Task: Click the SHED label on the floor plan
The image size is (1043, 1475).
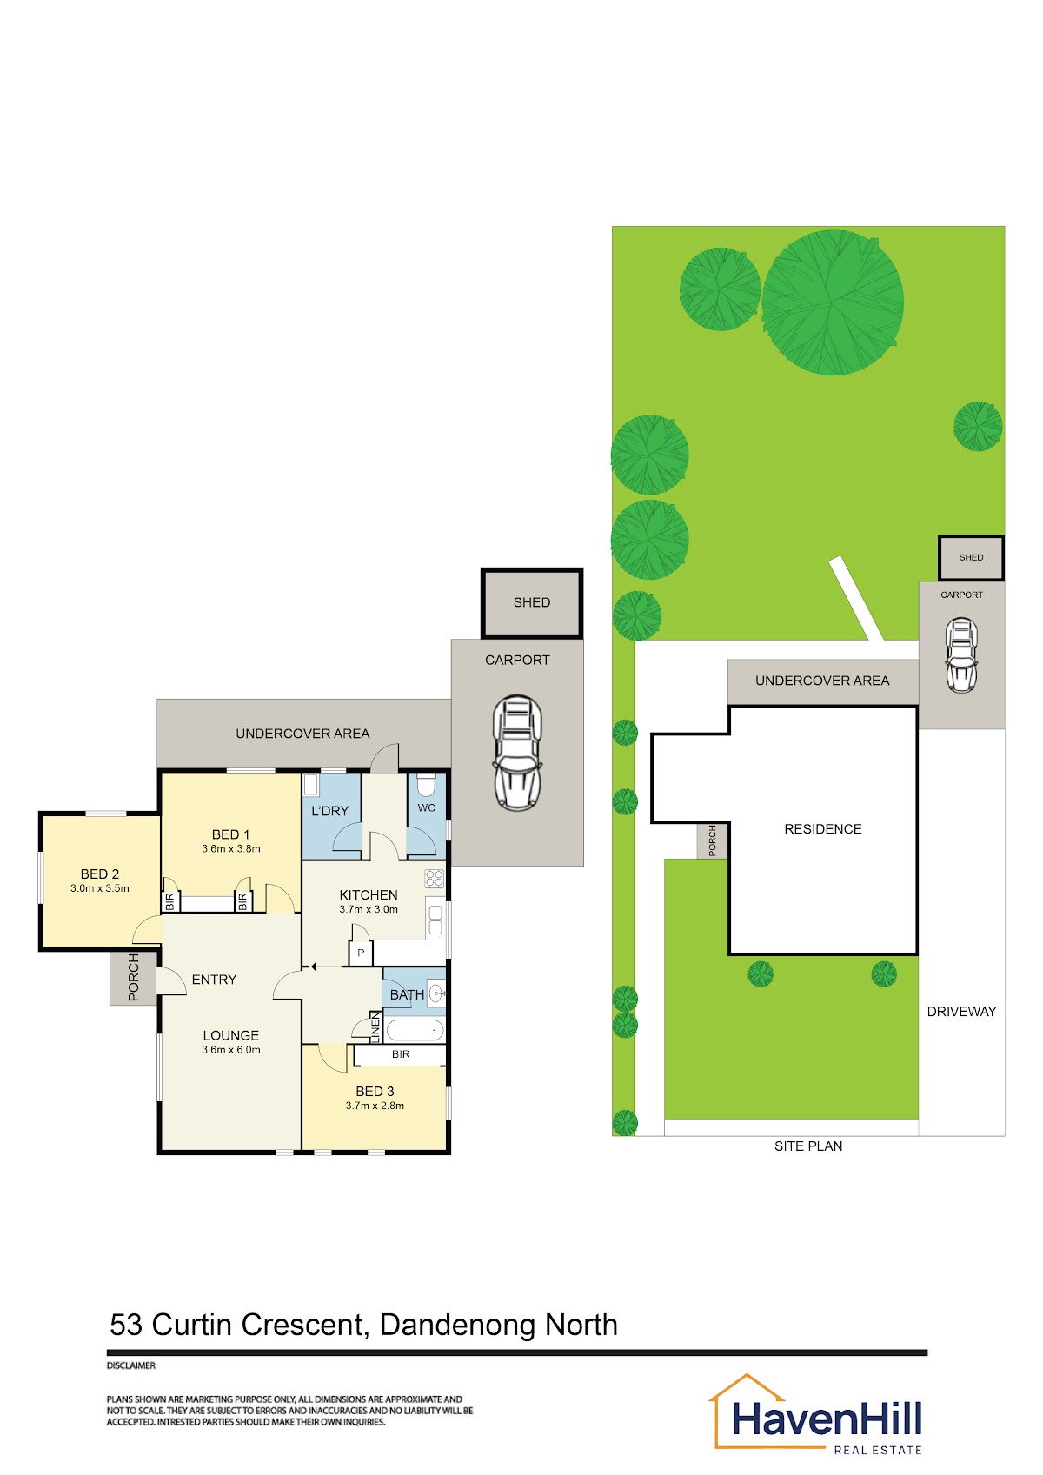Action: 531,602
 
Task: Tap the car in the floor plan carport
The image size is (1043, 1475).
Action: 517,753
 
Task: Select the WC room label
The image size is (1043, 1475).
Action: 426,808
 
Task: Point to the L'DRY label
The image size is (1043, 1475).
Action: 330,811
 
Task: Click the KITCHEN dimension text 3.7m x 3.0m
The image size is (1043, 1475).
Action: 369,909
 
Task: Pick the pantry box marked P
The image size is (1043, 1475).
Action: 360,953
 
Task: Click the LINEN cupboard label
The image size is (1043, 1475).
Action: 375,1027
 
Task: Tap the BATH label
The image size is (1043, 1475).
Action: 407,995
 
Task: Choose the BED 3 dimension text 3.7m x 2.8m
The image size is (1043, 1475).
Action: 375,1106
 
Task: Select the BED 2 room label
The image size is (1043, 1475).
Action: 99,874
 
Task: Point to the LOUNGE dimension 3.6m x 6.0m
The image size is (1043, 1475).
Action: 231,1050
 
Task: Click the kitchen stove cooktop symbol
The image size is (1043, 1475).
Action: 434,879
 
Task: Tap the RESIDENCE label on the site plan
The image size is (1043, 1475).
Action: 822,829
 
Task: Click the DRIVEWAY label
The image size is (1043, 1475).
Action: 961,1012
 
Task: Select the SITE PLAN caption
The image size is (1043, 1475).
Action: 808,1146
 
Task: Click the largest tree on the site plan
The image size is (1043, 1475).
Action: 833,302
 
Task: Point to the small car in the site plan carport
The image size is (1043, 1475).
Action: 961,655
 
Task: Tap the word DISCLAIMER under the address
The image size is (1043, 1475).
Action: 131,1365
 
